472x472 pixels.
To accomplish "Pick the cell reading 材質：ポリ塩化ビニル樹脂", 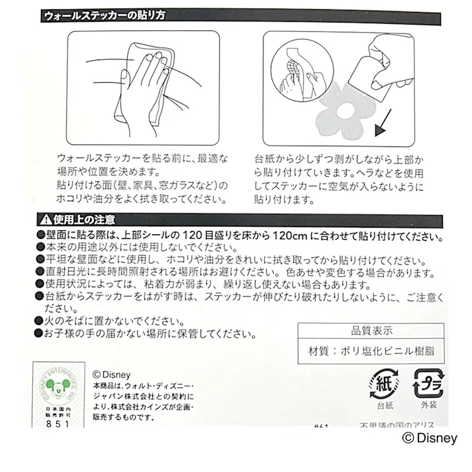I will pos(371,351).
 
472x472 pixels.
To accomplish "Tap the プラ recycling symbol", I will pos(426,384).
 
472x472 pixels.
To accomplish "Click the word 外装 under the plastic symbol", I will pos(427,405).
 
